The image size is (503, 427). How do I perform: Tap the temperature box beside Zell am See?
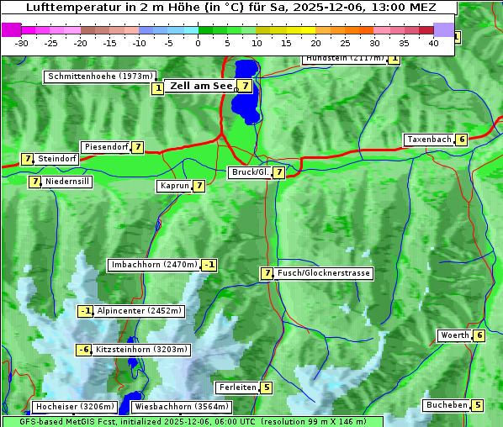tap(244, 85)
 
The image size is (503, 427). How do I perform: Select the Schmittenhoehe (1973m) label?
tap(101, 76)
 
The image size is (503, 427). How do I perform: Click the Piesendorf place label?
tap(106, 147)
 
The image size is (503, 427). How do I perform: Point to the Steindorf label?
tap(57, 159)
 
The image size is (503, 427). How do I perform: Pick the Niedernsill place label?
tap(67, 182)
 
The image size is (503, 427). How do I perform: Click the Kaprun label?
tap(174, 187)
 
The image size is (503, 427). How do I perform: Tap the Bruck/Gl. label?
tap(250, 172)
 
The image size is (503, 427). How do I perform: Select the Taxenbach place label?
tap(428, 140)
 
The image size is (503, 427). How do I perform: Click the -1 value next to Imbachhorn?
tap(209, 266)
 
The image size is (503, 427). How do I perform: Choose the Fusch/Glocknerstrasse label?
tap(324, 273)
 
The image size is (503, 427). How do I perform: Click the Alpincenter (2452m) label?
tap(139, 311)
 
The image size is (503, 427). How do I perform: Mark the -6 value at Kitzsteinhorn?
tap(83, 350)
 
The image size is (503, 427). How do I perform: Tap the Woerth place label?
tap(454, 336)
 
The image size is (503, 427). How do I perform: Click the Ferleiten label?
tap(236, 387)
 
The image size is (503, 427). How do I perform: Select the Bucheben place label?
tap(446, 405)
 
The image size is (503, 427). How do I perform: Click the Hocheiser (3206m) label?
tap(69, 407)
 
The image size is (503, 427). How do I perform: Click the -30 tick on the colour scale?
tap(22, 43)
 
